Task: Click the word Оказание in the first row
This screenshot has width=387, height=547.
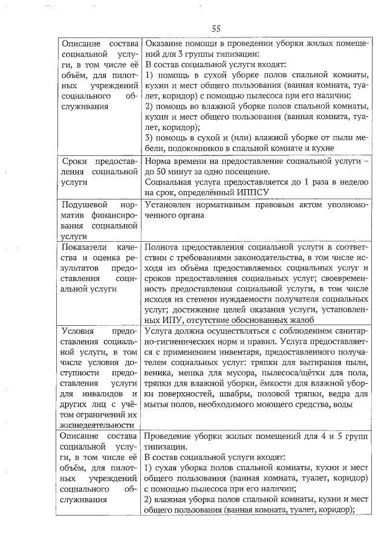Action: (x=164, y=44)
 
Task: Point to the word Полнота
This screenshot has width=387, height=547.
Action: (x=164, y=248)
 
